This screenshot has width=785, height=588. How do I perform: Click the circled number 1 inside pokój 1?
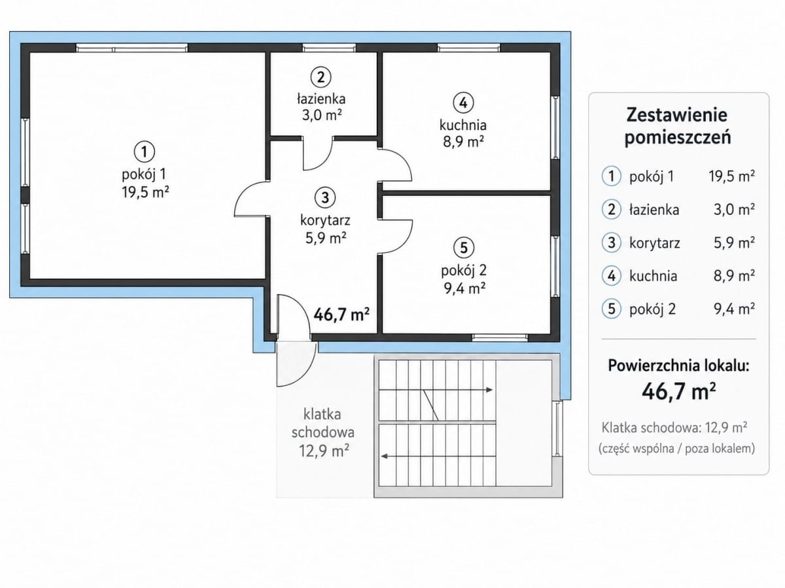pyautogui.click(x=144, y=152)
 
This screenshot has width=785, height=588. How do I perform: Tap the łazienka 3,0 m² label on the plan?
pyautogui.click(x=321, y=106)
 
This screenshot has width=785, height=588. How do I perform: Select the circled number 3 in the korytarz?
pyautogui.click(x=325, y=197)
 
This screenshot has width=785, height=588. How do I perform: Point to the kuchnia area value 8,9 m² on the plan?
pyautogui.click(x=464, y=142)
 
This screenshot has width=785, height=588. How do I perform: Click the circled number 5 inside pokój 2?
pyautogui.click(x=464, y=247)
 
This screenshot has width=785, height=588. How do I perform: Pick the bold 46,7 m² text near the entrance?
pyautogui.click(x=341, y=314)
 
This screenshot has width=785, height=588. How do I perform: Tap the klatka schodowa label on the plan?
pyautogui.click(x=323, y=423)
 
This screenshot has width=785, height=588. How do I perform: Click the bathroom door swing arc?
pyautogui.click(x=325, y=163)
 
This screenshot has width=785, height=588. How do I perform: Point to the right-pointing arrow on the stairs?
pyautogui.click(x=436, y=390)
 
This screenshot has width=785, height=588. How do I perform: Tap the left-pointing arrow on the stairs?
pyautogui.click(x=438, y=456)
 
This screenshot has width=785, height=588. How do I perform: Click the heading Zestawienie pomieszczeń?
pyautogui.click(x=677, y=126)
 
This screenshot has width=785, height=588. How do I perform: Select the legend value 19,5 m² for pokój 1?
pyautogui.click(x=732, y=176)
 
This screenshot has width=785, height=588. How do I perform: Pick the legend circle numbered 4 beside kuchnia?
pyautogui.click(x=612, y=276)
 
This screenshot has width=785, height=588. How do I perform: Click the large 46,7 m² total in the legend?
pyautogui.click(x=679, y=391)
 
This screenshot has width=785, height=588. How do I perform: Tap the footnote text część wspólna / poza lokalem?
pyautogui.click(x=677, y=449)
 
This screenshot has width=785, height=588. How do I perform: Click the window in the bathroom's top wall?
pyautogui.click(x=329, y=48)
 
